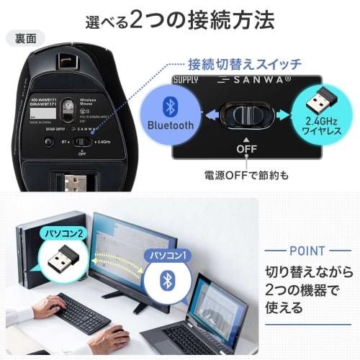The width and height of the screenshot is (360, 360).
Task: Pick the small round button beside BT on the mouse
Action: (49, 142)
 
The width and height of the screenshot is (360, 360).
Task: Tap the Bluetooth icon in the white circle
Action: (168, 281)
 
